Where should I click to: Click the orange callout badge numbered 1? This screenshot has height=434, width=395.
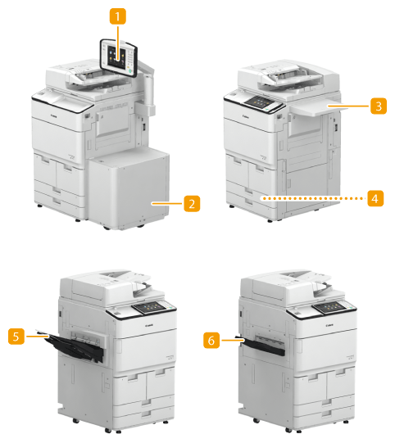[x=118, y=16]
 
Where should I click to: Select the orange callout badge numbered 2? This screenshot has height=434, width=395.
[x=192, y=204]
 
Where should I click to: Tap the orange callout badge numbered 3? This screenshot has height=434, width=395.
[x=379, y=106]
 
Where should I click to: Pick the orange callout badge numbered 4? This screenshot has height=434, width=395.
[x=375, y=198]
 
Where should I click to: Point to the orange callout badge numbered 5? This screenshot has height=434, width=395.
[x=16, y=337]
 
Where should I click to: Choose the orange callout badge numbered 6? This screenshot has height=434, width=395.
[x=211, y=340]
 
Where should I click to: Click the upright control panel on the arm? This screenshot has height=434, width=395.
[x=119, y=58]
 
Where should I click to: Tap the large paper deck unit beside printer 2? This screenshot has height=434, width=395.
[x=129, y=188]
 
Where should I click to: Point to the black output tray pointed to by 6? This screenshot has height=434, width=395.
[x=261, y=346]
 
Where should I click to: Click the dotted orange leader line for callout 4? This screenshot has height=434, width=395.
[x=313, y=198]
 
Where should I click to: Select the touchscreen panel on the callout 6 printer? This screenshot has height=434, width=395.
[x=332, y=307]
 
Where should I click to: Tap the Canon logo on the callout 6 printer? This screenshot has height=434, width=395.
[x=329, y=326]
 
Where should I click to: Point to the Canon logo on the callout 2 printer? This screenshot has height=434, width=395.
[x=54, y=116]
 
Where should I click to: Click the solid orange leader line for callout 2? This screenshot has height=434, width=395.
[x=167, y=204]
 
